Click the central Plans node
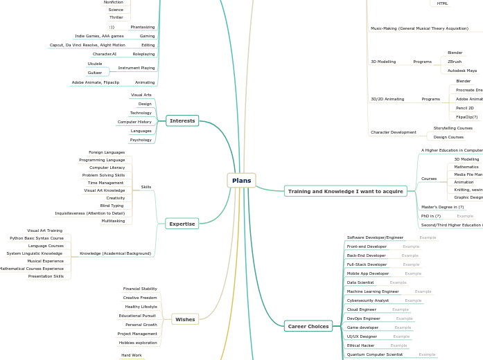pyautogui.click(x=241, y=181)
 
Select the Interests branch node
pyautogui.click(x=182, y=120)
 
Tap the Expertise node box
pyautogui.click(x=182, y=223)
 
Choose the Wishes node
pyautogui.click(x=185, y=319)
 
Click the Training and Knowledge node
pyautogui.click(x=345, y=191)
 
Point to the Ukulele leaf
pyautogui.click(x=95, y=64)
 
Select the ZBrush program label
pyautogui.click(x=455, y=62)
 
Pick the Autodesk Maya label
pyautogui.click(x=462, y=71)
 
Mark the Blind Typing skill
pyautogui.click(x=112, y=206)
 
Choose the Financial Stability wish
pyautogui.click(x=140, y=289)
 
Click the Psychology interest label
pyautogui.click(x=141, y=140)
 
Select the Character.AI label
pyautogui.click(x=105, y=54)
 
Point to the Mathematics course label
pyautogui.click(x=466, y=167)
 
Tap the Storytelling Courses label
pyautogui.click(x=453, y=128)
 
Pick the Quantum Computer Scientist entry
pyautogui.click(x=375, y=354)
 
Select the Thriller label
pyautogui.click(x=116, y=17)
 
